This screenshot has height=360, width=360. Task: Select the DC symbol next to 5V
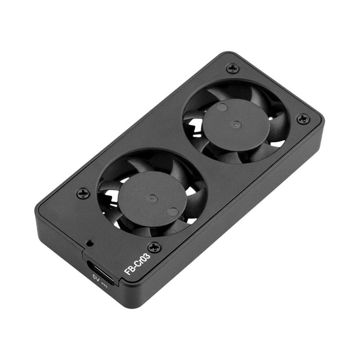pos(105,284)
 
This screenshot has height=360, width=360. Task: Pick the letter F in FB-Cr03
pos(127,272)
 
